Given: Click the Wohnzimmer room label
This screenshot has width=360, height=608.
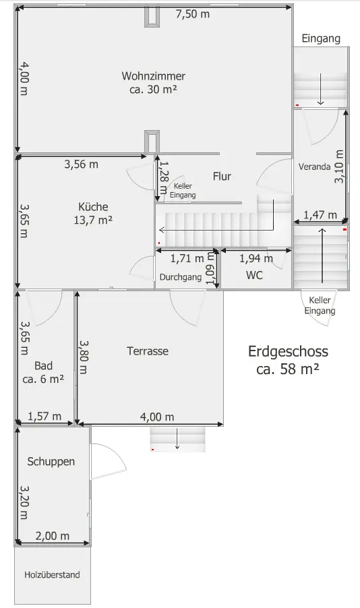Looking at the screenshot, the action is click(153, 75).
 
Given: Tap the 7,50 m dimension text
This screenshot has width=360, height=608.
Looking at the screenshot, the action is click(193, 14).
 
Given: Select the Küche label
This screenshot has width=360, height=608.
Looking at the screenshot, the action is click(93, 206).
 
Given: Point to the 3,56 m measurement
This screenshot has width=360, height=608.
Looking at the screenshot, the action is click(81, 164).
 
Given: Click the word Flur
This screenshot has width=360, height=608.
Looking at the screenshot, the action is click(222, 177).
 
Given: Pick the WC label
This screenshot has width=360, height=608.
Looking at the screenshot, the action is click(254, 275).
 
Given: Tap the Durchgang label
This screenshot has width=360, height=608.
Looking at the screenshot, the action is click(181, 277).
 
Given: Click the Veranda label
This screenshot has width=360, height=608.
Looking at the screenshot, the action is click(314, 166).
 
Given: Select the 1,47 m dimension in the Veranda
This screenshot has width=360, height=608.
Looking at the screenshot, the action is click(320, 215).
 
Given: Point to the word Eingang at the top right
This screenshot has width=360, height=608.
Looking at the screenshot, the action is click(321, 38).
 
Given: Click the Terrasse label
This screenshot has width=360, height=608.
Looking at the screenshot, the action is click(148, 351).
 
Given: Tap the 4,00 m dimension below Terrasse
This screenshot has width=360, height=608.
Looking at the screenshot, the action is click(156, 417).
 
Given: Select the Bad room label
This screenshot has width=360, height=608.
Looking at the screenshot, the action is click(43, 365).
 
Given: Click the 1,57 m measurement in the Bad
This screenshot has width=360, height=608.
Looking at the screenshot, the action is click(44, 417).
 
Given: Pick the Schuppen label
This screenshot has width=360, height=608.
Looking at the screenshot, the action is click(51, 462).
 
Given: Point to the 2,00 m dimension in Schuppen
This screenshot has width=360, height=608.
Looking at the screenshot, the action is click(53, 537).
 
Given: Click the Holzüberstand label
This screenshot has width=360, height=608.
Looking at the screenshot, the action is click(52, 575).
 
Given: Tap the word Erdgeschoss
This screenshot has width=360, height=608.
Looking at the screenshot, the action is click(288, 352).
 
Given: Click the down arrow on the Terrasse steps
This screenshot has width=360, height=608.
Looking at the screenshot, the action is click(177, 439).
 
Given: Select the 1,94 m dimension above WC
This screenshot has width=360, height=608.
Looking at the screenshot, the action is click(256, 258).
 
